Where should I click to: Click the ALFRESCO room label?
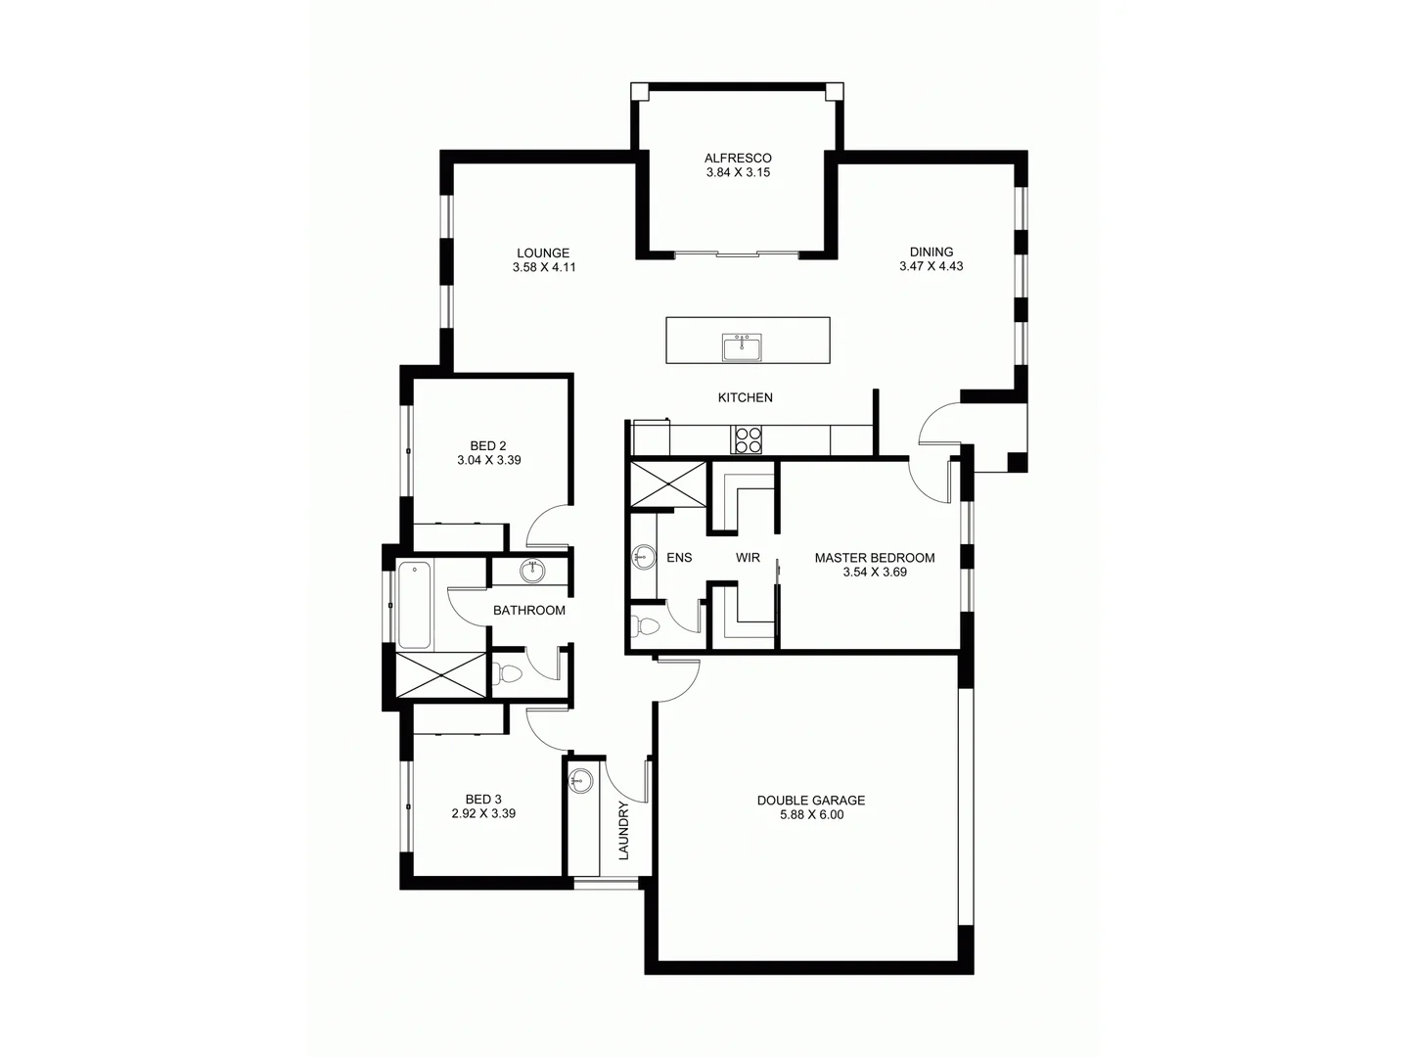click(738, 158)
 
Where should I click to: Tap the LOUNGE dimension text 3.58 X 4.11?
click(543, 266)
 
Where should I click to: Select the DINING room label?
click(931, 252)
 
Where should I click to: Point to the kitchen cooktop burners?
click(749, 439)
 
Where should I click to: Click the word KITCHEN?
click(745, 397)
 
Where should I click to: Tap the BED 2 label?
click(488, 446)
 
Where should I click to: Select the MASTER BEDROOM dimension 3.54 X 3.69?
click(874, 572)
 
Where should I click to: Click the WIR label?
click(748, 558)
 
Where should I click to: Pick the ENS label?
click(679, 558)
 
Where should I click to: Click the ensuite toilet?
click(648, 624)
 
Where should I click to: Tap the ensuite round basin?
click(643, 558)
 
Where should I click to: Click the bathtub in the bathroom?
click(415, 605)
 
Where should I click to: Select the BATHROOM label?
click(528, 611)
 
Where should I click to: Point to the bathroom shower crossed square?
click(440, 675)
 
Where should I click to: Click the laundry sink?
click(582, 780)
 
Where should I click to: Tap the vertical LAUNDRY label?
click(623, 831)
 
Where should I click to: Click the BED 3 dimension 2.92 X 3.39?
click(483, 813)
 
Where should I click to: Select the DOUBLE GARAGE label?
click(810, 801)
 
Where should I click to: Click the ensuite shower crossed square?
click(667, 483)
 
